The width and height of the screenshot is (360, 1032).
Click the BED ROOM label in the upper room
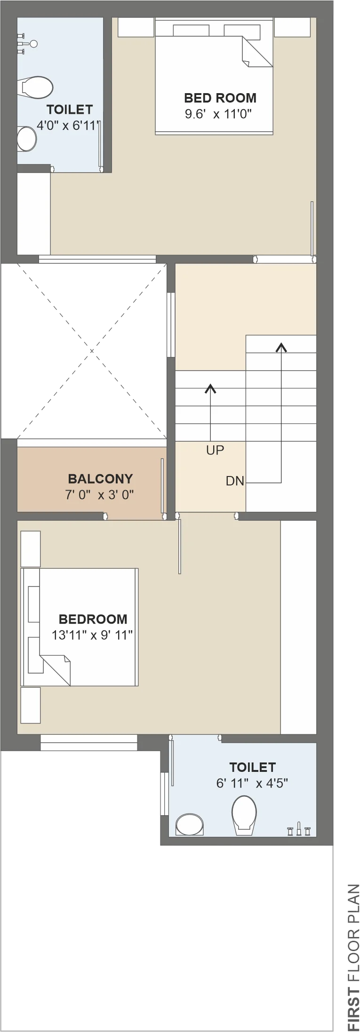[x=220, y=98]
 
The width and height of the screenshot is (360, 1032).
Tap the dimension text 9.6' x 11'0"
[x=218, y=114]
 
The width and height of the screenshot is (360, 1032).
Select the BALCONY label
[x=100, y=479]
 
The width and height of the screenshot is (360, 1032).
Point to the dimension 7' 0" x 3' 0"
[x=100, y=494]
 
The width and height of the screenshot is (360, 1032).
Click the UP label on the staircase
[x=215, y=450]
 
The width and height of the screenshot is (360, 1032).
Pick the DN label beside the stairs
[x=235, y=481]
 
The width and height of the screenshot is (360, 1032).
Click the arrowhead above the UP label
[x=210, y=389]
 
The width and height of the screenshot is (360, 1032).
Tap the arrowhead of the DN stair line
[x=281, y=347]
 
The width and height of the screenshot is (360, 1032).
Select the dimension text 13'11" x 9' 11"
[x=92, y=635]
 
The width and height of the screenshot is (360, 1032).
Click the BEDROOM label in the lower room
[x=93, y=619]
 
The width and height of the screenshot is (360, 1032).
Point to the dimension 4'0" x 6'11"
[x=68, y=126]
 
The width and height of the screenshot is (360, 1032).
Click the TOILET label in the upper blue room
[x=69, y=110]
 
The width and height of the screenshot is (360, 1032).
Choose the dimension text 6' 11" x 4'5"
[x=252, y=783]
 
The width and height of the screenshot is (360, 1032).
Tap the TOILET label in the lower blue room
[x=252, y=767]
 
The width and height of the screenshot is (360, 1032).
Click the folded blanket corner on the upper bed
[x=256, y=52]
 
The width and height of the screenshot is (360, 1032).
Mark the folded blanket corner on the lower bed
[x=56, y=669]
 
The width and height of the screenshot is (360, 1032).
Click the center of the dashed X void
[x=92, y=351]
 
